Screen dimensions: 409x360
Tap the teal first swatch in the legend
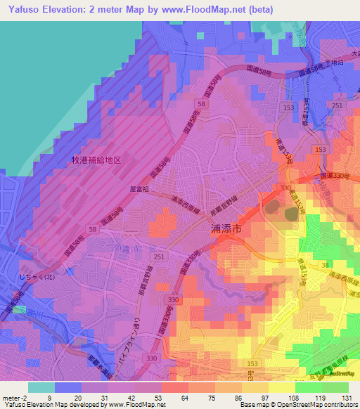[x=41, y=387]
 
